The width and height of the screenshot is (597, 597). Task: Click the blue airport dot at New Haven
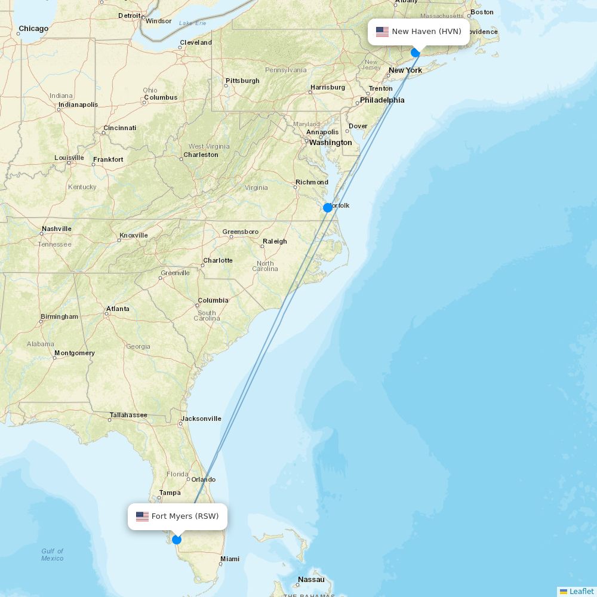tap(416, 53)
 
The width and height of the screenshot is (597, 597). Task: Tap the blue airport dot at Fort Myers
tap(177, 540)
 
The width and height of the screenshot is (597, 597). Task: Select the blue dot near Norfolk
tap(328, 208)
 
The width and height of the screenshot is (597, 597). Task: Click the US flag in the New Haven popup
tap(382, 32)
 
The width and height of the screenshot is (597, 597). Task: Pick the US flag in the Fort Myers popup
tap(142, 516)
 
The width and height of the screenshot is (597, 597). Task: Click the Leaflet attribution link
tap(581, 591)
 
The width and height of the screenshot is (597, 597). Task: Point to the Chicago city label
tap(33, 29)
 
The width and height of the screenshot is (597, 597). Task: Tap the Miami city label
tap(230, 559)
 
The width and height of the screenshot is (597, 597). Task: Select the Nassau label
tap(311, 580)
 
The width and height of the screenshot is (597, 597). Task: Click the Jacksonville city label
tap(201, 418)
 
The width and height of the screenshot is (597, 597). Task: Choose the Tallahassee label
tap(128, 415)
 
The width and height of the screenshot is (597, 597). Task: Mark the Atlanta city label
tap(118, 309)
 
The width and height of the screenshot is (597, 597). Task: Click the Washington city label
tap(330, 143)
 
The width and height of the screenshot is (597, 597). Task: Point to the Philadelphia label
tap(382, 100)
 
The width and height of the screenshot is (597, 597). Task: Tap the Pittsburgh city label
tap(242, 81)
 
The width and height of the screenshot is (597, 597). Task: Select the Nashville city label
tap(57, 229)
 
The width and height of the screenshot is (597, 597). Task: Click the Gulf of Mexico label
tap(53, 555)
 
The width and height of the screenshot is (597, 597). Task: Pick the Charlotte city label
tap(218, 260)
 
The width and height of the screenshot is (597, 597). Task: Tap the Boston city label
tap(482, 12)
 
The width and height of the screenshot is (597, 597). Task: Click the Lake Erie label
tap(192, 23)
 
